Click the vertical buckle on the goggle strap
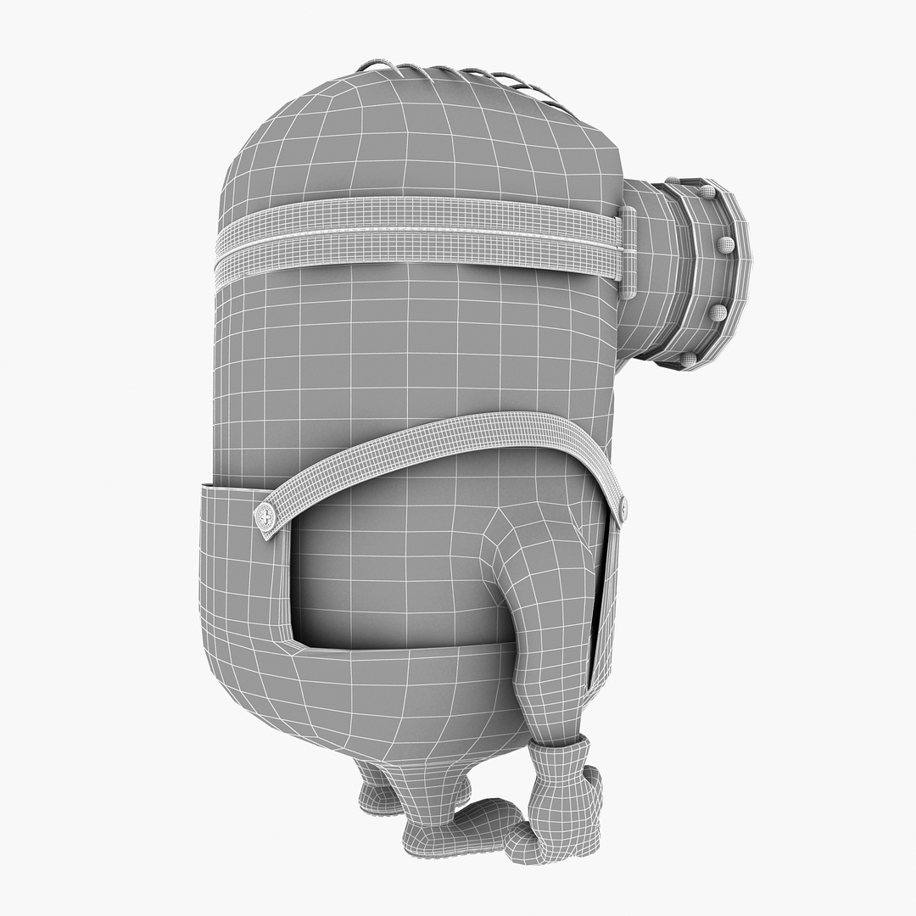pos(628,254)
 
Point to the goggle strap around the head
pos(416,237)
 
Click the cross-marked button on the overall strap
pos(265,514)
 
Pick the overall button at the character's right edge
pos(623,509)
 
